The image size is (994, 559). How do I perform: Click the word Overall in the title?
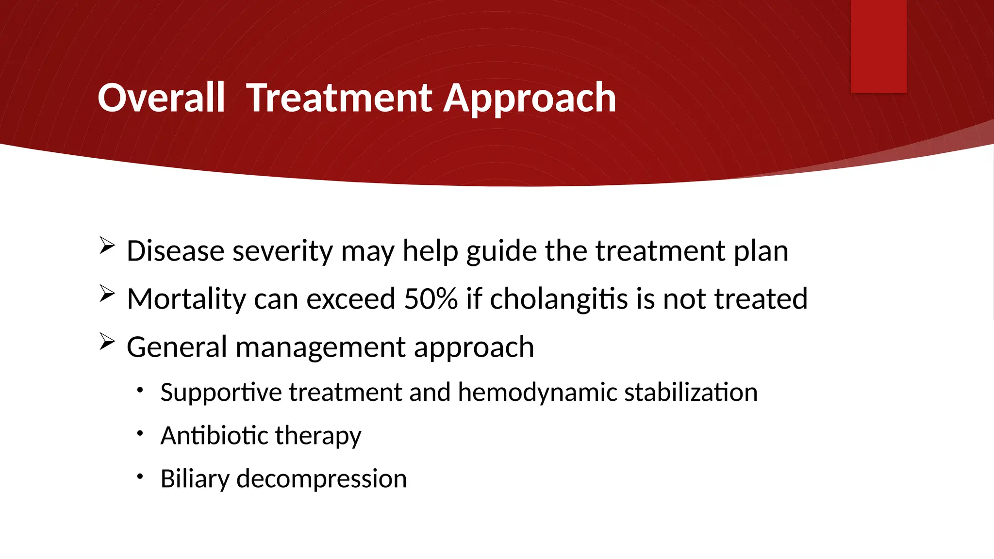tap(161, 98)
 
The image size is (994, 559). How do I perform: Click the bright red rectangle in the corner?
tap(878, 46)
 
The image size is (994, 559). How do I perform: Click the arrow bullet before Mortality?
tap(107, 293)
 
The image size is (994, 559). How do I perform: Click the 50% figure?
tap(431, 298)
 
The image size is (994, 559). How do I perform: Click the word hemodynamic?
tap(537, 393)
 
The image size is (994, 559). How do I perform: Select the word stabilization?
tap(691, 392)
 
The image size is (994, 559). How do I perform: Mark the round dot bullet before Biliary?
tap(140, 477)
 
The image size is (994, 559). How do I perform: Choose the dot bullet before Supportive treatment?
tap(140, 390)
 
